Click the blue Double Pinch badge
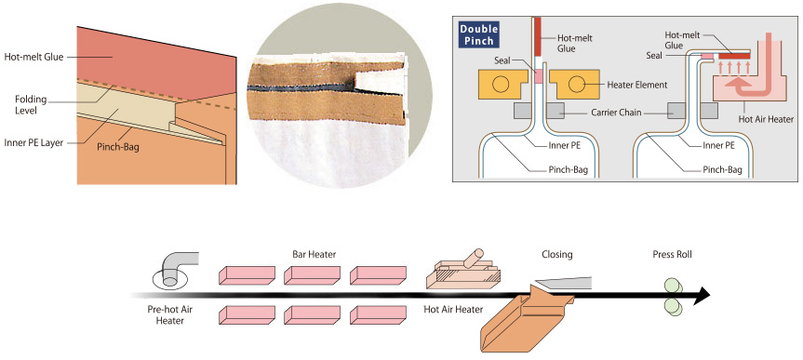coord(479,34)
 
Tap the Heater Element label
coord(637,85)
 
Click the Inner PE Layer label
coord(33,143)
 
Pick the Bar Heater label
coord(314,254)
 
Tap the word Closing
coord(557,254)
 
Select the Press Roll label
coord(672,254)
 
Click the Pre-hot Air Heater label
coord(166,315)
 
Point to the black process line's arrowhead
coord(703,296)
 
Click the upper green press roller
coord(672,286)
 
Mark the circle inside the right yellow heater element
coord(576,85)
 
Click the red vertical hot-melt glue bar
coord(537,37)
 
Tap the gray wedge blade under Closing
coord(562,283)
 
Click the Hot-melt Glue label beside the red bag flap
coord(33,57)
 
